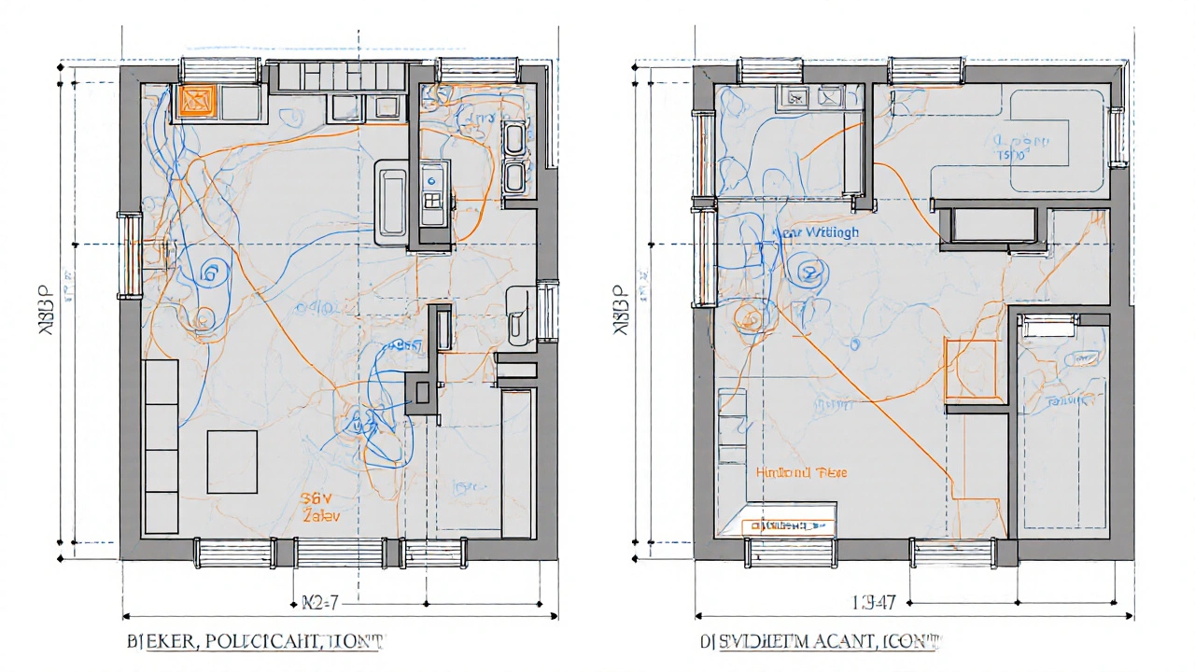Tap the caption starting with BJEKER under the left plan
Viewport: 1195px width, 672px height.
(254, 642)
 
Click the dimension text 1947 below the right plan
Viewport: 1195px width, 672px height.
(875, 603)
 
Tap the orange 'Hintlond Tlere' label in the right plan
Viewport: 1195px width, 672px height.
(801, 472)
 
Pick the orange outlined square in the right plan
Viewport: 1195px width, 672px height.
(972, 369)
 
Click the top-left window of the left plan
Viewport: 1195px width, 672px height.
(219, 70)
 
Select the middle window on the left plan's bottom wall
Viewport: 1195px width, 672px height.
(332, 553)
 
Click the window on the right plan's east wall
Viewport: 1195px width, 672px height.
(1116, 137)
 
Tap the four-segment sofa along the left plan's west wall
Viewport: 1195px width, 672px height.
(161, 446)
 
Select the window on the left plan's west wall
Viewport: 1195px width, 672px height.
(128, 255)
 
